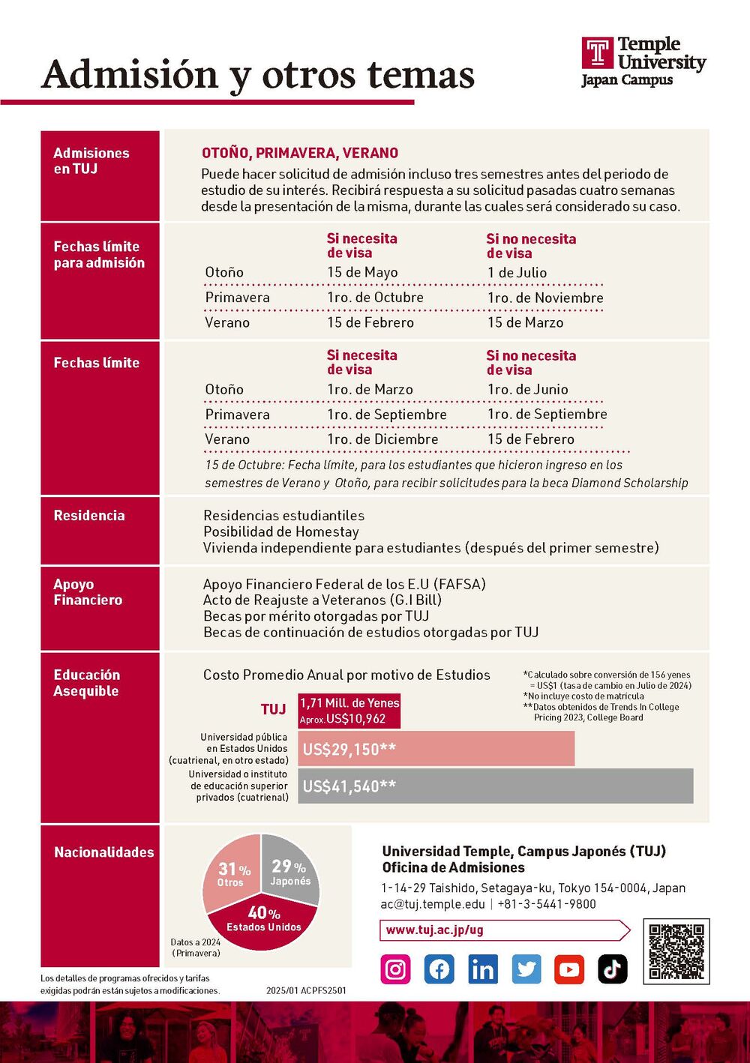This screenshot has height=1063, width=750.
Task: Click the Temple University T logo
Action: [598, 52]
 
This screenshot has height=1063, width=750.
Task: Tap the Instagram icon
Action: [395, 969]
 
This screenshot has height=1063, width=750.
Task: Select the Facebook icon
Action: [439, 969]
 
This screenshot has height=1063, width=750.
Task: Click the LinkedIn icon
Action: [482, 969]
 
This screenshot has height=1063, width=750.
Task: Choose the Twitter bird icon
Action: [526, 969]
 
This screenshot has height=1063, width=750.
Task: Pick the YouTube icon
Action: [569, 969]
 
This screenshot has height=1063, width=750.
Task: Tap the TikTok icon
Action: [612, 969]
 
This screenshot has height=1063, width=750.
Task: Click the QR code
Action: [676, 951]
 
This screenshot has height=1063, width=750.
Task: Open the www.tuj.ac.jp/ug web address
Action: [435, 930]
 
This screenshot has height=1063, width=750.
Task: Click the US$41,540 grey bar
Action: [495, 786]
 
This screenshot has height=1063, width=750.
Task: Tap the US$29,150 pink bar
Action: [436, 749]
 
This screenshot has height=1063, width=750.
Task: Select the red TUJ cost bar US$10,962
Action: [349, 711]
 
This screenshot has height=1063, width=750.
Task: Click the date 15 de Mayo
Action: [362, 273]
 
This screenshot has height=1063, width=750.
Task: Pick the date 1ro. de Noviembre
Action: [545, 298]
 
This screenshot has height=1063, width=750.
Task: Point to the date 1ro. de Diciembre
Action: [382, 439]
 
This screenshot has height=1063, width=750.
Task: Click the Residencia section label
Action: [89, 516]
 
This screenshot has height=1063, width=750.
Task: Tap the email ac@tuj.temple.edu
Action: [433, 904]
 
